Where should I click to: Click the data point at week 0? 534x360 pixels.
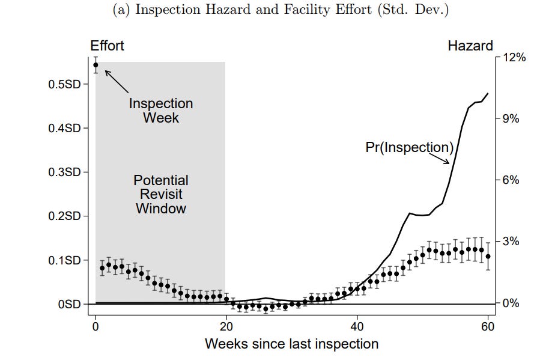[x=96, y=65]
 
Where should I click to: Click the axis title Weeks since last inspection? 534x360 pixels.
[x=291, y=344]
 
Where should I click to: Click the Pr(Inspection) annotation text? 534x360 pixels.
[x=409, y=147]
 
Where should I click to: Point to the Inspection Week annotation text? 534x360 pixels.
[x=161, y=111]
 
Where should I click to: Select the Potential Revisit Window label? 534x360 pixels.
[x=160, y=194]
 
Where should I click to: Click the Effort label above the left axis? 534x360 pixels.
[x=107, y=46]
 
